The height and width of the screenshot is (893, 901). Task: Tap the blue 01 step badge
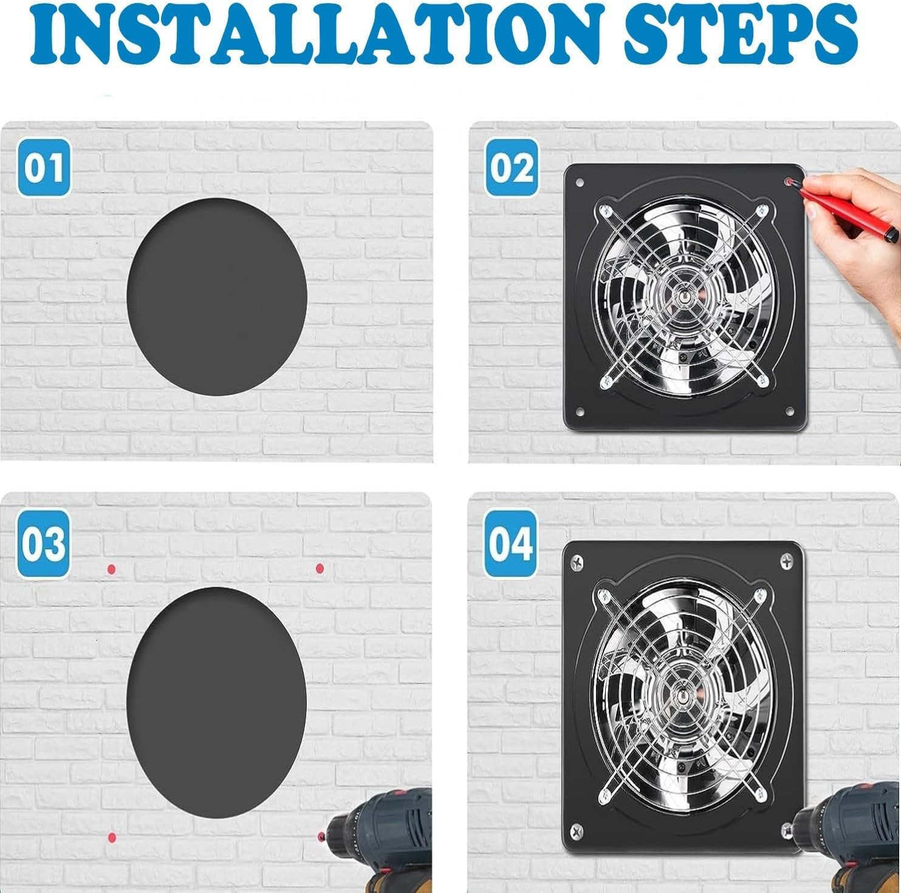(x=43, y=167)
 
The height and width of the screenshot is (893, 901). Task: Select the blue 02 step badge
(x=511, y=167)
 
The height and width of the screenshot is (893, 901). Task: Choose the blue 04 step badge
(x=511, y=543)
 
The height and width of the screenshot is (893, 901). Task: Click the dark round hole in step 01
(x=217, y=296)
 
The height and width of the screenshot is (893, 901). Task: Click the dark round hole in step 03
(x=217, y=684)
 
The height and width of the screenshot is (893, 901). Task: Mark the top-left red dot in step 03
(x=111, y=569)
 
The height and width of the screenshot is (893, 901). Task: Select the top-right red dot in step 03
(x=320, y=568)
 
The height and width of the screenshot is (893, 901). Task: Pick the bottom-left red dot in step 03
(x=111, y=838)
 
